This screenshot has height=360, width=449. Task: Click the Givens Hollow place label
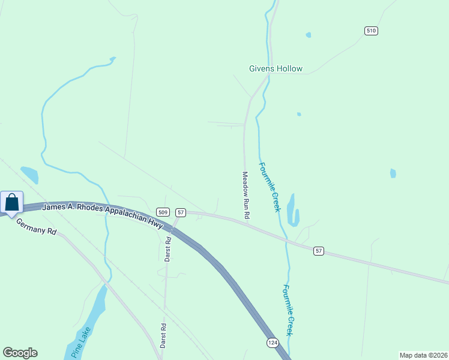pyautogui.click(x=276, y=68)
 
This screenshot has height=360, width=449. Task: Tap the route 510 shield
pyautogui.click(x=371, y=31)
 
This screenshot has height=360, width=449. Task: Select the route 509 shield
pyautogui.click(x=163, y=212)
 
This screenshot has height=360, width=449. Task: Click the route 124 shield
pyautogui.click(x=273, y=342)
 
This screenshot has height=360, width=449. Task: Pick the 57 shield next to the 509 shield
pyautogui.click(x=181, y=212)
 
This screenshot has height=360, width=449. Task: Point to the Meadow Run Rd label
pyautogui.click(x=246, y=194)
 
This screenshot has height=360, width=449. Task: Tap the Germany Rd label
pyautogui.click(x=36, y=226)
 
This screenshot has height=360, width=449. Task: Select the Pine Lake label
pyautogui.click(x=80, y=342)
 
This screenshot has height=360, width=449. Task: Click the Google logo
pyautogui.click(x=20, y=353)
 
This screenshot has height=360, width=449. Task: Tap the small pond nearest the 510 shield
pyautogui.click(x=309, y=35)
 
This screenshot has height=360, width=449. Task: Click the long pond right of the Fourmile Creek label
pyautogui.click(x=293, y=209)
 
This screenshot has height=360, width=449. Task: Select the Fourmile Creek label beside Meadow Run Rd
pyautogui.click(x=269, y=187)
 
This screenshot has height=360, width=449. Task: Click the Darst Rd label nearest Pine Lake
pyautogui.click(x=163, y=335)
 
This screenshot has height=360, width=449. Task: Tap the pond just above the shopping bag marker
pyautogui.click(x=29, y=175)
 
